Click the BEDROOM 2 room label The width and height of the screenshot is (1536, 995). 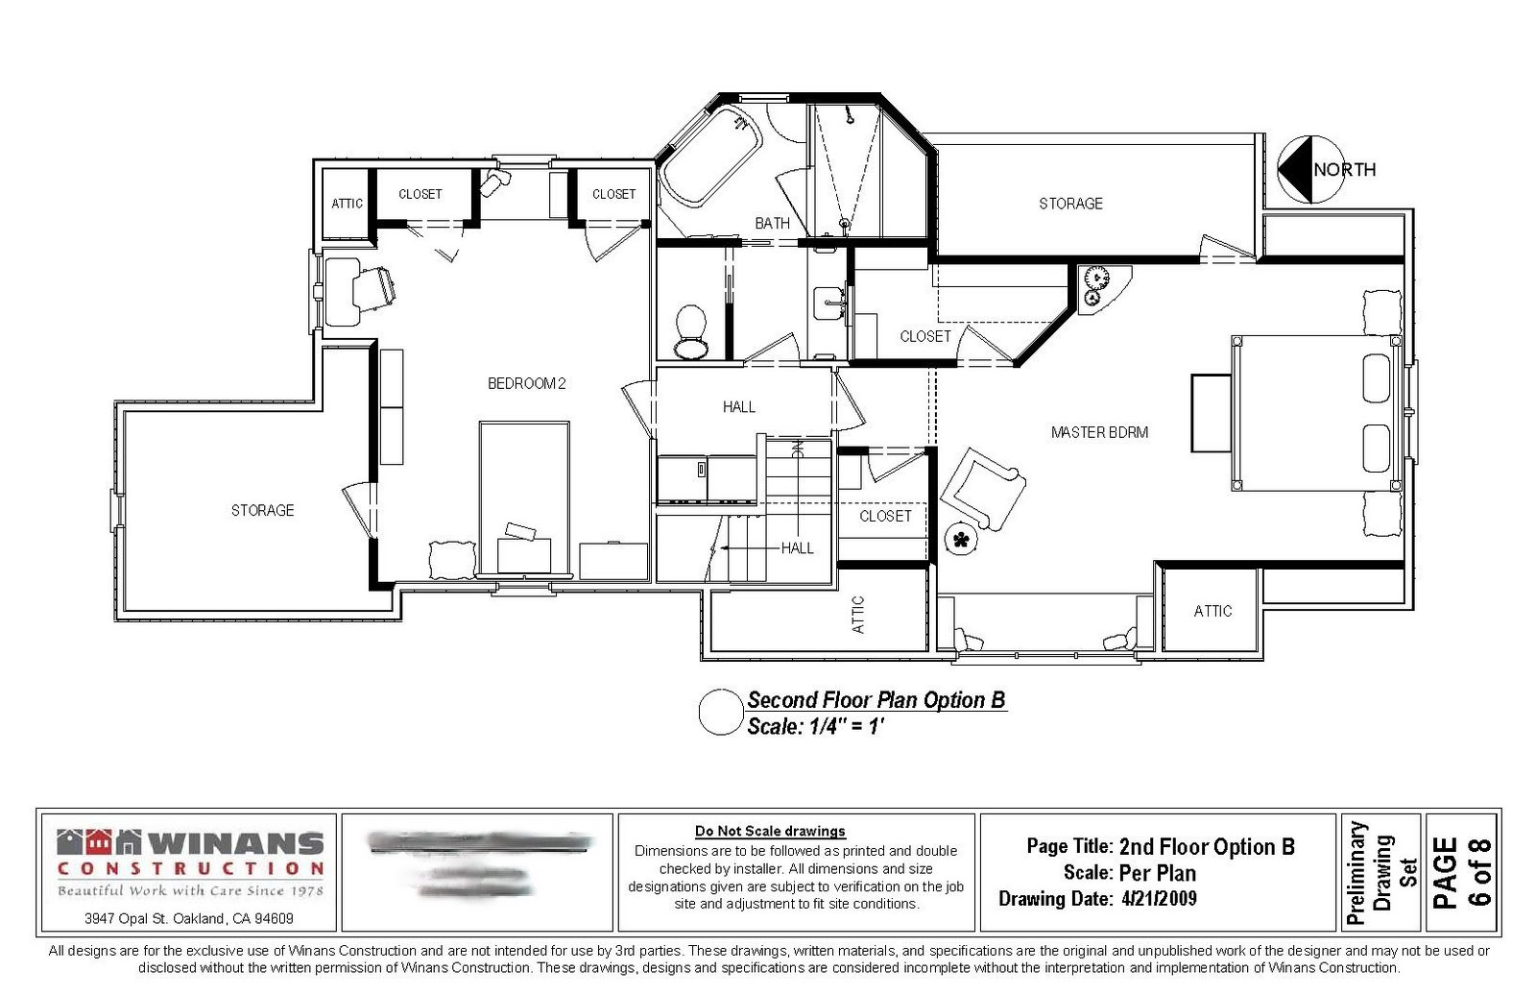click(526, 383)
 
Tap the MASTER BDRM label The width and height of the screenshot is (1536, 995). click(1099, 432)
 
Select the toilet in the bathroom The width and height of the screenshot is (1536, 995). click(689, 330)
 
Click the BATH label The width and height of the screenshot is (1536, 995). click(772, 223)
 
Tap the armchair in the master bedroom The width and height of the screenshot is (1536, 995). click(982, 489)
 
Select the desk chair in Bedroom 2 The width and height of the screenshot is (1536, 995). click(375, 286)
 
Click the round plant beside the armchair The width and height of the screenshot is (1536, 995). click(959, 539)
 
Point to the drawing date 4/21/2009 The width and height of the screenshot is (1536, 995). click(1159, 899)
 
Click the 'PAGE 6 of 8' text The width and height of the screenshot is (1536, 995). click(1462, 872)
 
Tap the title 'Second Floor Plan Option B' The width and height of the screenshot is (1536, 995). click(876, 700)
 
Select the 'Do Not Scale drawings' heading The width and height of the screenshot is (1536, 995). click(770, 831)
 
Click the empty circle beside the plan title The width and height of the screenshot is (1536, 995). click(720, 713)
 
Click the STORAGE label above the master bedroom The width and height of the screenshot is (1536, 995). click(1070, 204)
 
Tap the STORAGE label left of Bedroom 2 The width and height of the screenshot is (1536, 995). click(262, 510)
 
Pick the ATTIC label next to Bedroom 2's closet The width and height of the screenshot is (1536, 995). click(347, 204)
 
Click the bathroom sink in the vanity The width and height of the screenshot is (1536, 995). click(827, 304)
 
